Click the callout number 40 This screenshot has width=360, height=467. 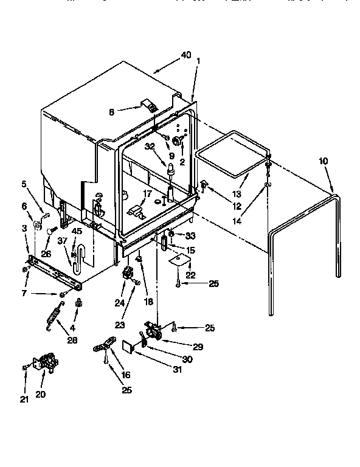click(185, 55)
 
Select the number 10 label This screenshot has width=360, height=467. click(323, 161)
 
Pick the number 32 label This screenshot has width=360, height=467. click(150, 147)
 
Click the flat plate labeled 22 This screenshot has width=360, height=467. click(178, 260)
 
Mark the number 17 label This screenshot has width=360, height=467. click(147, 194)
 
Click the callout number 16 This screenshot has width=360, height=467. click(126, 375)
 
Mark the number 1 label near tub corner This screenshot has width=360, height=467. click(198, 61)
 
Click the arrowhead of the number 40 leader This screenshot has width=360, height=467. click(154, 72)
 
